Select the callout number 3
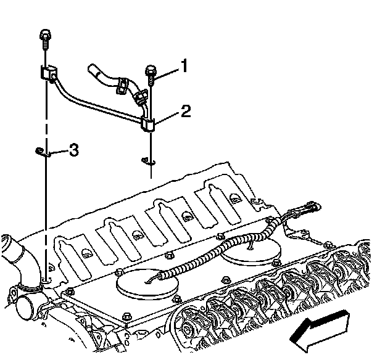click(x=73, y=150)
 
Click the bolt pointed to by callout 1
click(x=151, y=73)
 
